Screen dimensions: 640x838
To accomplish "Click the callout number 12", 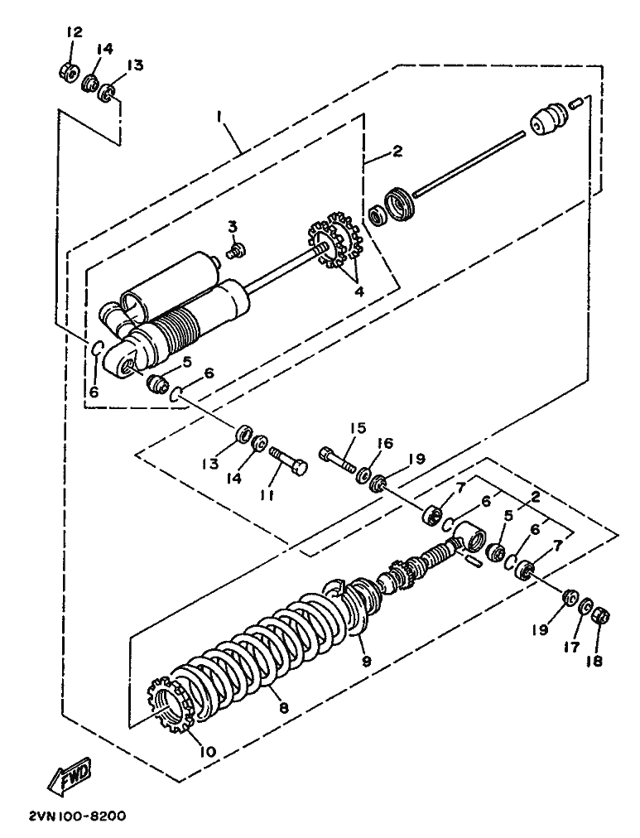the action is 75,32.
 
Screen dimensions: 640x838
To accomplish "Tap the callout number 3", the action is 233,227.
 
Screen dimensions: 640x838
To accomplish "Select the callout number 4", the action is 359,291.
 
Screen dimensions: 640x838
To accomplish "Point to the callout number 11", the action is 267,496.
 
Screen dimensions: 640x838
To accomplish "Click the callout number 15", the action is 358,427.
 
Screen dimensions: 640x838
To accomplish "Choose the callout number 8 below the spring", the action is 284,708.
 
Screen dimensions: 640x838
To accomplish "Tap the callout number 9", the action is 366,661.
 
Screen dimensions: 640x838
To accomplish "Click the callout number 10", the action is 208,751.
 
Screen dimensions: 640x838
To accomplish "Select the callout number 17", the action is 571,648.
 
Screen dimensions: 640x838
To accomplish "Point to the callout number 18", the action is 594,661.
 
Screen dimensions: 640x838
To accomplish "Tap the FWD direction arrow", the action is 70,774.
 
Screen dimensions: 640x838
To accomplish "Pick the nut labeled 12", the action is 69,70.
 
